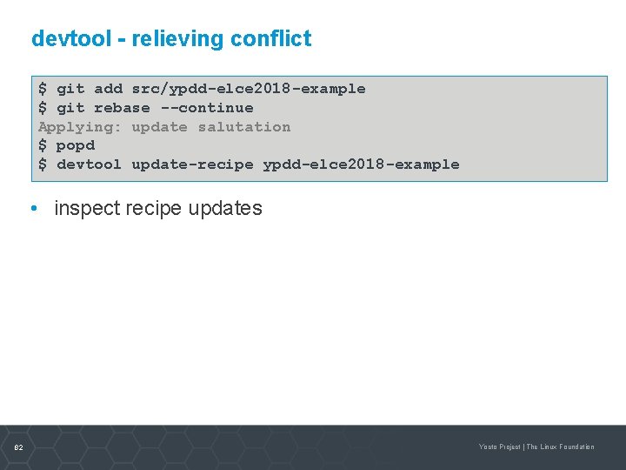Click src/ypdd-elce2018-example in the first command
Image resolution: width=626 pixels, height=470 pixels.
[248, 89]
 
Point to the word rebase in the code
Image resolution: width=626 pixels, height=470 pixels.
[122, 108]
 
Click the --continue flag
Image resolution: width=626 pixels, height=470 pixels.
[206, 108]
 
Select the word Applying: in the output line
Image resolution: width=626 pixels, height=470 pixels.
[80, 127]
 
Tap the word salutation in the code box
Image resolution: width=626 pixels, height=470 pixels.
[243, 127]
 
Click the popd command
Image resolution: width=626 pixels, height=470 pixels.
[75, 145]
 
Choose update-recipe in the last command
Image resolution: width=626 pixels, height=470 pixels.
[192, 164]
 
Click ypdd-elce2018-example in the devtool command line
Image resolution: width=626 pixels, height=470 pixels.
[361, 164]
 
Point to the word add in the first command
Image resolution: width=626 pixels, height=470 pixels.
[108, 89]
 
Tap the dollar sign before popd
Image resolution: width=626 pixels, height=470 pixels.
[43, 145]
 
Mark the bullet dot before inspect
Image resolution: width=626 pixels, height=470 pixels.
[32, 209]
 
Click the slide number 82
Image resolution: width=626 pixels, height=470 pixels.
[18, 447]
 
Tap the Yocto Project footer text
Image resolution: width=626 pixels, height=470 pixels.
[499, 447]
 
